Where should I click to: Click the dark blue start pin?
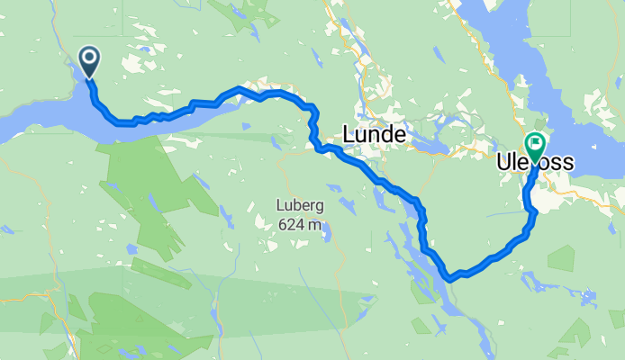[90, 61]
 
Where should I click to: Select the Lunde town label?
[376, 135]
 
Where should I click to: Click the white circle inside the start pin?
[90, 58]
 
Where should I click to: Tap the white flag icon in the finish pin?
[536, 142]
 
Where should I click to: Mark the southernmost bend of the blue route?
[449, 276]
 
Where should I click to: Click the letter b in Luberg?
[297, 206]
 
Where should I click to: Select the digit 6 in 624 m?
[282, 224]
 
